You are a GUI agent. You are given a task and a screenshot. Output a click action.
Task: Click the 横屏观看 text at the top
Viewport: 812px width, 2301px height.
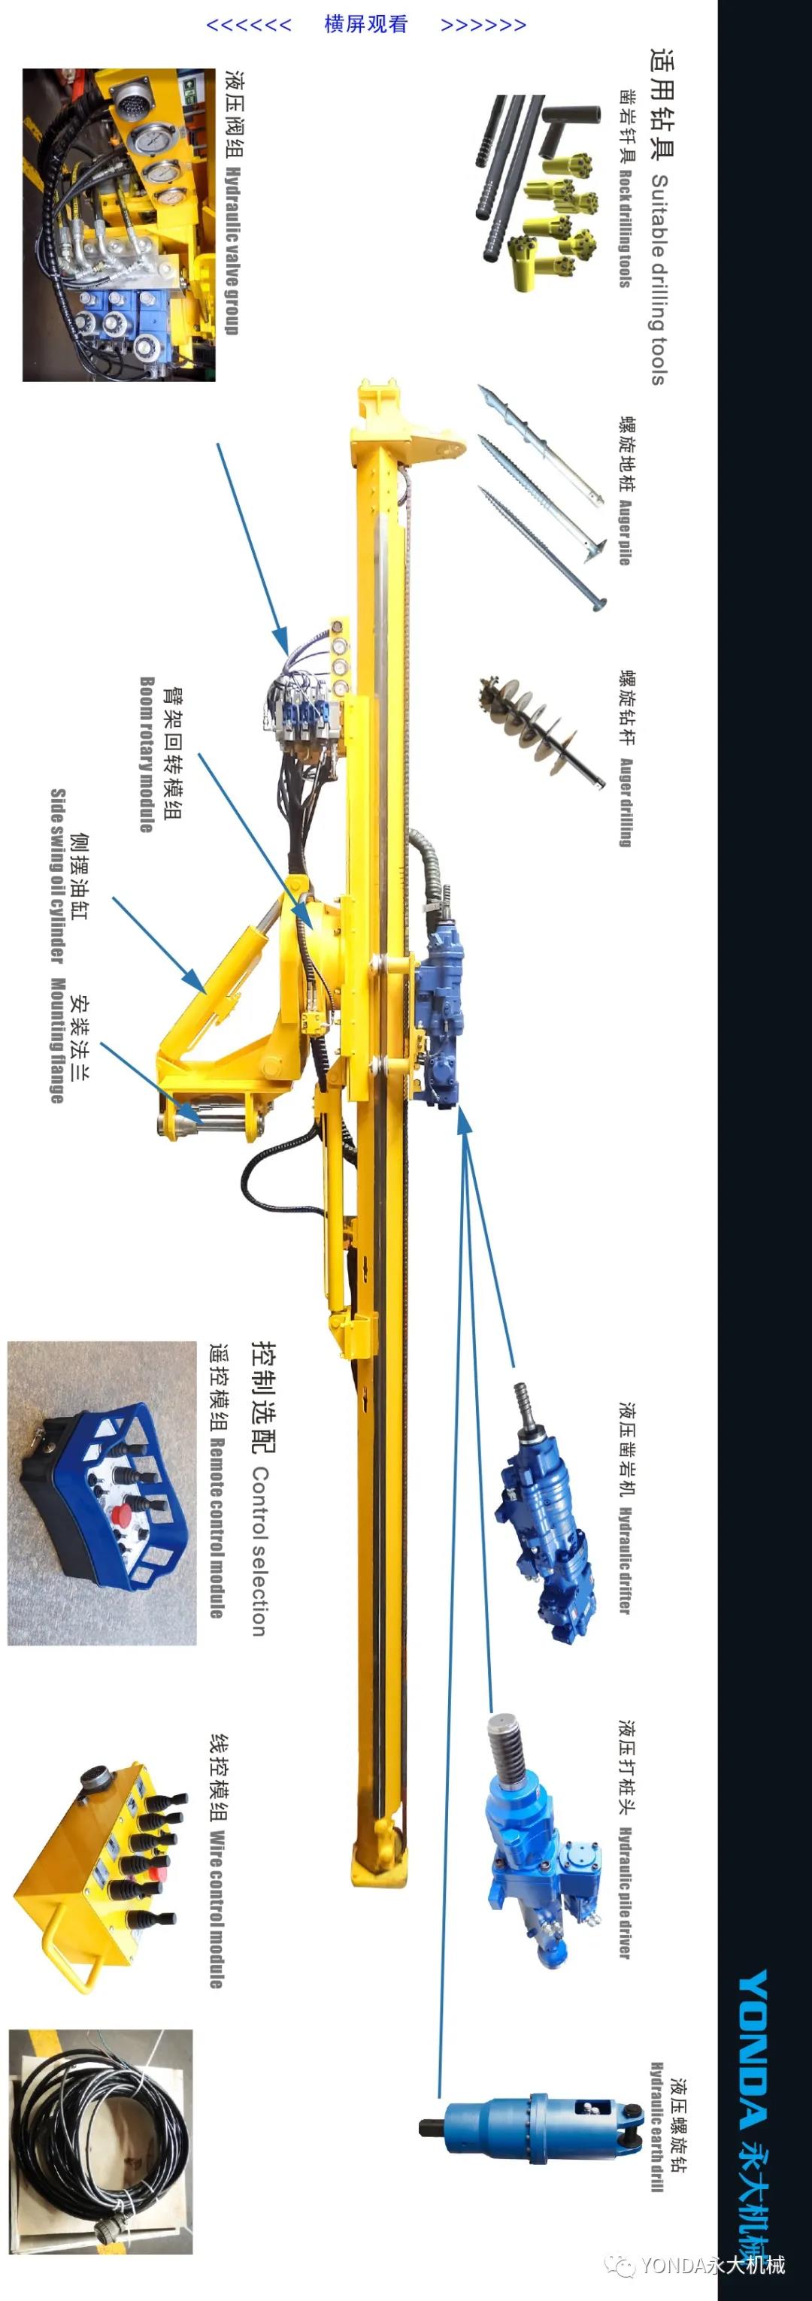365,24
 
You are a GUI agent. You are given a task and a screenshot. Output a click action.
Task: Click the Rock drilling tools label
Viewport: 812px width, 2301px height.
626,229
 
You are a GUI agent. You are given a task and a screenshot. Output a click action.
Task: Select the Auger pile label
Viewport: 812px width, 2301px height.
626,532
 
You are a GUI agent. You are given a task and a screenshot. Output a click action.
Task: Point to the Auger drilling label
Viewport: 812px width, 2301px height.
626,802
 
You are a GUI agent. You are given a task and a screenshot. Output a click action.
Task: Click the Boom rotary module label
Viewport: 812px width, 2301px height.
147,754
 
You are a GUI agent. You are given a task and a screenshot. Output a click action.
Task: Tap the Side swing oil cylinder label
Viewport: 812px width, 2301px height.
58,876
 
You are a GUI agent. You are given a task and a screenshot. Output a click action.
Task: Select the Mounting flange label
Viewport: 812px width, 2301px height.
58,1040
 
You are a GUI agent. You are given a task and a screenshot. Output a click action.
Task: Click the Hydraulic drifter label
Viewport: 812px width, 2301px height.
626,1561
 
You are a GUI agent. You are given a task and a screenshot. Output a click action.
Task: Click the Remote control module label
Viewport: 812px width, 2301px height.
217,1527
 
